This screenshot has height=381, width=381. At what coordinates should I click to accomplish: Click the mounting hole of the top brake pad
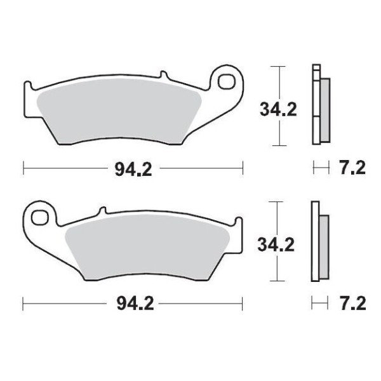[x=227, y=82]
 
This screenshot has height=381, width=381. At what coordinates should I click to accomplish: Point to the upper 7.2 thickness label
[x=353, y=169]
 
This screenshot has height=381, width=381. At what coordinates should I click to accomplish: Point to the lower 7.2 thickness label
[x=353, y=304]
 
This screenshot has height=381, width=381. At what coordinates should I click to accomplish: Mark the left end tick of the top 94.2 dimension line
[x=23, y=169]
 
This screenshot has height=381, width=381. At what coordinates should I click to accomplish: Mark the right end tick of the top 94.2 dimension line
[x=243, y=169]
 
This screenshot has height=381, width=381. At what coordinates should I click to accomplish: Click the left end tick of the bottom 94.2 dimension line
[x=23, y=304]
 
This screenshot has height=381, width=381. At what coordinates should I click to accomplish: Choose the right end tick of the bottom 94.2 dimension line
[x=243, y=304]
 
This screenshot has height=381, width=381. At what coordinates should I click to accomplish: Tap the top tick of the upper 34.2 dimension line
[x=276, y=66]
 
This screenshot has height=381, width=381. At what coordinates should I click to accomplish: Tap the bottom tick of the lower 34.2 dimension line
[x=276, y=281]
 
